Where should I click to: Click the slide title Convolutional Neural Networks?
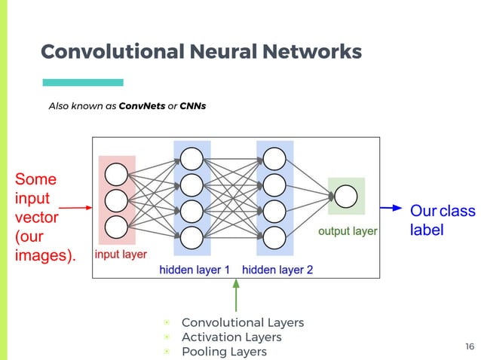pyautogui.click(x=201, y=51)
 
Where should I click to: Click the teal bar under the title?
pyautogui.click(x=82, y=82)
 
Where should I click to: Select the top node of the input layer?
pyautogui.click(x=116, y=174)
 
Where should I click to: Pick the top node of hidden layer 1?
pyautogui.click(x=191, y=159)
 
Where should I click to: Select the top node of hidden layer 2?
pyautogui.click(x=274, y=159)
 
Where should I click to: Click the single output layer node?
pyautogui.click(x=345, y=196)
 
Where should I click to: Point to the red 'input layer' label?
pyautogui.click(x=121, y=255)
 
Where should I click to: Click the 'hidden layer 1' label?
pyautogui.click(x=194, y=270)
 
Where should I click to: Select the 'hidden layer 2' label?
pyautogui.click(x=277, y=270)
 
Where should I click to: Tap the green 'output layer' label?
pyautogui.click(x=348, y=231)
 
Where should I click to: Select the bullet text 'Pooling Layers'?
pyautogui.click(x=224, y=351)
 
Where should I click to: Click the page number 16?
pyautogui.click(x=470, y=346)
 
